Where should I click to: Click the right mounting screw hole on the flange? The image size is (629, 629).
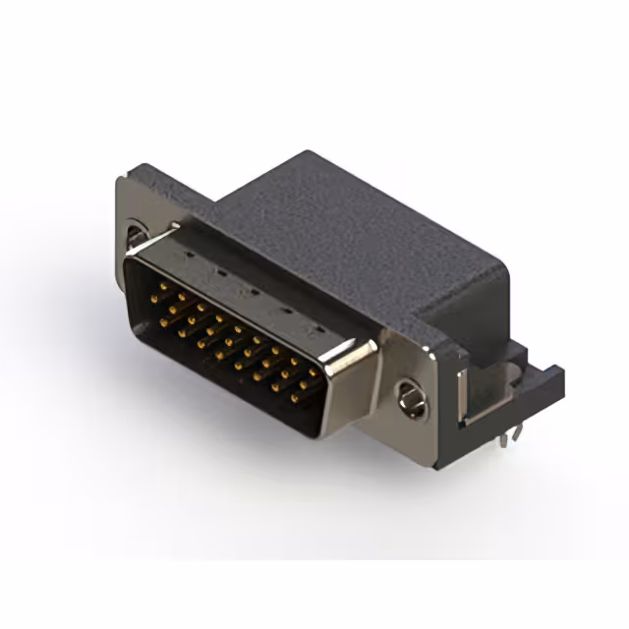coord(411,397)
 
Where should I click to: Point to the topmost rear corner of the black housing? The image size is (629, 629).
coord(307,152)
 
